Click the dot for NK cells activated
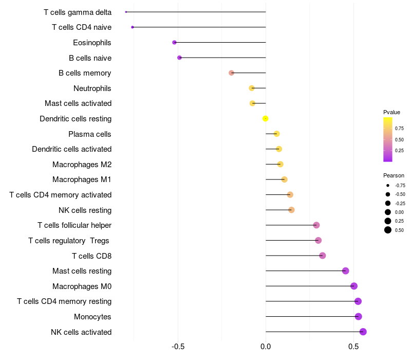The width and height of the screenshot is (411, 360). click(x=363, y=332)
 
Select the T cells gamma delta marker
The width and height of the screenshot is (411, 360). click(x=126, y=12)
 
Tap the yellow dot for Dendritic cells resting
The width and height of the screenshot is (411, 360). click(x=265, y=119)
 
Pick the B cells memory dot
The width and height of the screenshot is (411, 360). click(x=231, y=73)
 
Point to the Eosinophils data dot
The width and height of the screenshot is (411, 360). click(x=174, y=42)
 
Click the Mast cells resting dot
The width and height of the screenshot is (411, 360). click(x=345, y=271)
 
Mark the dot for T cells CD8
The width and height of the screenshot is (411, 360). click(x=322, y=256)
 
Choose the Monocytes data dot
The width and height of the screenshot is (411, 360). click(x=358, y=317)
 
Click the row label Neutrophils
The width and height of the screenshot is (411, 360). click(x=92, y=88)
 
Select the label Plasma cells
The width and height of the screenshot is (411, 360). click(x=90, y=134)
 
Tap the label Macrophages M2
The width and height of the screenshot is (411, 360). click(x=82, y=165)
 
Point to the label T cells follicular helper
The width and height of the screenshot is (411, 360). click(x=74, y=225)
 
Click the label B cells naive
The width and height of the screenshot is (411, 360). click(x=90, y=58)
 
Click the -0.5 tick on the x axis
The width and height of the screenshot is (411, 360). click(x=178, y=347)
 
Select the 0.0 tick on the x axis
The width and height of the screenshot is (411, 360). click(x=266, y=347)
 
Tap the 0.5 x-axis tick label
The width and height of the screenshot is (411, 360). click(x=353, y=347)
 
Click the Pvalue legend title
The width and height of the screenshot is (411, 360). click(x=391, y=112)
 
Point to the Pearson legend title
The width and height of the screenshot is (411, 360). click(x=394, y=175)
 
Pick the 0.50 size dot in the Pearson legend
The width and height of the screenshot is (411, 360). click(x=388, y=230)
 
